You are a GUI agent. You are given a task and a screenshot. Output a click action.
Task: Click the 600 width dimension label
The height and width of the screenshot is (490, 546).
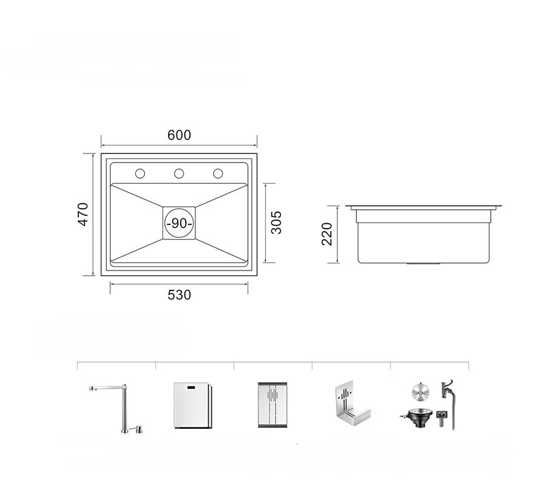pyautogui.click(x=179, y=135)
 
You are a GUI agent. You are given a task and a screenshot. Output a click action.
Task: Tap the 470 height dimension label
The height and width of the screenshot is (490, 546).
pyautogui.click(x=84, y=215)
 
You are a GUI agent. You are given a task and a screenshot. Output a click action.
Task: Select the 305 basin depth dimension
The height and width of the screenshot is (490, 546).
pyautogui.click(x=276, y=223)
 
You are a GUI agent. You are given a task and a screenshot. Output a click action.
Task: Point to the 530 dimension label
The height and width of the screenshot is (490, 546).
pyautogui.click(x=179, y=295)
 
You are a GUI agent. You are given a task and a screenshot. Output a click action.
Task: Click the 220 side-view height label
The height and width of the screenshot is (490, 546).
pyautogui.click(x=327, y=234)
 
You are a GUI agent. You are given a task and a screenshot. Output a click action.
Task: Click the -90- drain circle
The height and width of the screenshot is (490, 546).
pyautogui.click(x=179, y=223)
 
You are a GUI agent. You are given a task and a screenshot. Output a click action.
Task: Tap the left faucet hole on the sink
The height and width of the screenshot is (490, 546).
pyautogui.click(x=140, y=173)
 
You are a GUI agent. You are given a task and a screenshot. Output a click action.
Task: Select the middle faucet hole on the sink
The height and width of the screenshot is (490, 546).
pyautogui.click(x=179, y=173)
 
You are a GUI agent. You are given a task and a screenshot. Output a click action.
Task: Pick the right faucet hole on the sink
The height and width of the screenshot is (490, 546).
pyautogui.click(x=218, y=173)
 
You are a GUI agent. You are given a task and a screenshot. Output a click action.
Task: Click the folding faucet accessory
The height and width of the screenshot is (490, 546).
pyautogui.click(x=124, y=407)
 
